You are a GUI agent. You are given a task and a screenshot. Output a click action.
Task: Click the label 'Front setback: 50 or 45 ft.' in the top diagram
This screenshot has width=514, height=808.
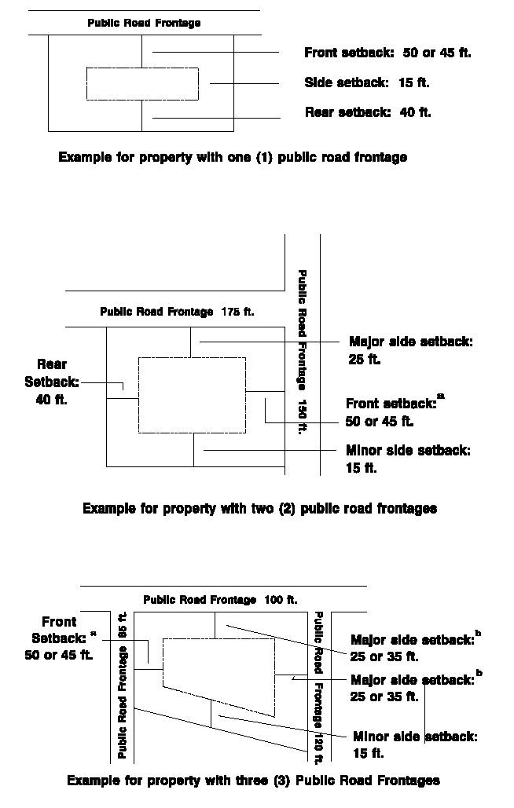pyautogui.click(x=387, y=53)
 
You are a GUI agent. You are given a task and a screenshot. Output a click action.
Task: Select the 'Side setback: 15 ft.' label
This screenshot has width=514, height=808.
pyautogui.click(x=366, y=82)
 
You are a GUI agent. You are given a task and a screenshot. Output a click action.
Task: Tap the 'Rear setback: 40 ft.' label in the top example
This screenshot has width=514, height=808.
pyautogui.click(x=368, y=112)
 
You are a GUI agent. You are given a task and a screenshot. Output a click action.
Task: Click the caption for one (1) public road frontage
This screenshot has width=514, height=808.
pyautogui.click(x=233, y=157)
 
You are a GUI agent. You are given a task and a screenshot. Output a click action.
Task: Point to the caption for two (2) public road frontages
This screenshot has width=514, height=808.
pyautogui.click(x=259, y=508)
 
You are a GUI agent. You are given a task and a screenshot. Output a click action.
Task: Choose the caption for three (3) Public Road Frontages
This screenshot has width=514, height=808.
pyautogui.click(x=253, y=780)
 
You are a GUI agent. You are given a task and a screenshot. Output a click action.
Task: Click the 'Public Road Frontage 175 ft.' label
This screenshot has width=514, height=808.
pyautogui.click(x=177, y=312)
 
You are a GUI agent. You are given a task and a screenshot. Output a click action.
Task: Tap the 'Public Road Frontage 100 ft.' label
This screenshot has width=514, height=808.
pyautogui.click(x=220, y=600)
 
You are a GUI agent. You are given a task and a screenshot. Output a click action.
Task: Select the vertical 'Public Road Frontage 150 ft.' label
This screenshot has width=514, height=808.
pyautogui.click(x=302, y=352)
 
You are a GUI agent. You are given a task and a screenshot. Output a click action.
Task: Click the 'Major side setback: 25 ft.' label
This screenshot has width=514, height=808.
pyautogui.click(x=410, y=351)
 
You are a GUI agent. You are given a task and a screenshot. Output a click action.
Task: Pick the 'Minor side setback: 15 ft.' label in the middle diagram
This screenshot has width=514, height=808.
pyautogui.click(x=408, y=459)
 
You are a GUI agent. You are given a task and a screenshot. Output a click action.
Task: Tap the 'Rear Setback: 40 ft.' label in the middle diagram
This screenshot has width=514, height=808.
pyautogui.click(x=51, y=382)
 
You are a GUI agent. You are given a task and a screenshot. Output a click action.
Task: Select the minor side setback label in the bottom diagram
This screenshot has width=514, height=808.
pyautogui.click(x=415, y=744)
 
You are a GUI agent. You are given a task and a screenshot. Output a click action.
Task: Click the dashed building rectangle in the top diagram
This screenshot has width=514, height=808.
pyautogui.click(x=141, y=84)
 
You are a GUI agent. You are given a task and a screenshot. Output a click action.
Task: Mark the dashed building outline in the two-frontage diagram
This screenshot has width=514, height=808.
pyautogui.click(x=192, y=395)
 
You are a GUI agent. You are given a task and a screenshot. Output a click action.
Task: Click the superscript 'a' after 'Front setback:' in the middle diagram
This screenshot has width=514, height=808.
pyautogui.click(x=440, y=397)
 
